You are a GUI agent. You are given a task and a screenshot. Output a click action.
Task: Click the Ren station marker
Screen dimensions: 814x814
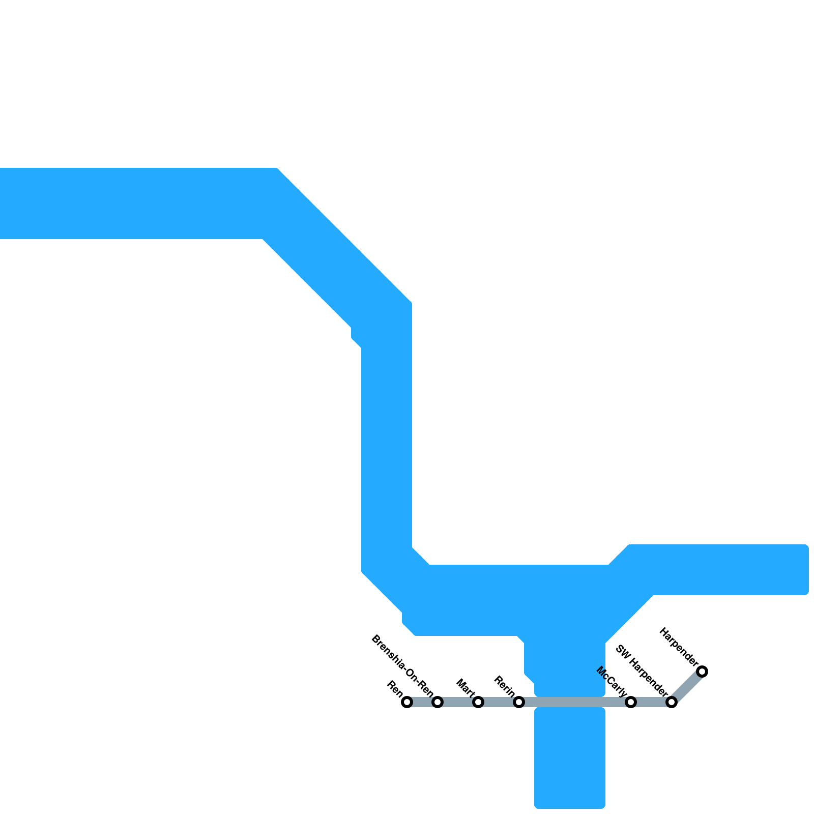click(407, 703)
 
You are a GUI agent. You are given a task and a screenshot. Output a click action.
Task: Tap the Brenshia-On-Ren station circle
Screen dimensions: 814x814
click(438, 703)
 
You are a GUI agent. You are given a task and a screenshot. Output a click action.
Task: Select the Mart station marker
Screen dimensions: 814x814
click(478, 703)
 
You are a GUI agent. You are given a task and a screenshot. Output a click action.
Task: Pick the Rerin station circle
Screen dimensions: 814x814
click(519, 703)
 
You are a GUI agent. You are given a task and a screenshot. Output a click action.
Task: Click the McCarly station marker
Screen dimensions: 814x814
click(631, 703)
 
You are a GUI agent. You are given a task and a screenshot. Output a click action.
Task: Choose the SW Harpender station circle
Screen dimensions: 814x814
click(672, 703)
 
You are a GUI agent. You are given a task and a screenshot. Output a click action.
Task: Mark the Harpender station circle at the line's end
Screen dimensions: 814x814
click(702, 672)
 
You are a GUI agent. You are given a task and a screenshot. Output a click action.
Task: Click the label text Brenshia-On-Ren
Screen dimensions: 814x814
click(402, 667)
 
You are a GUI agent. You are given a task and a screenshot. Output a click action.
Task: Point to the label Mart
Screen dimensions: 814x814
click(466, 688)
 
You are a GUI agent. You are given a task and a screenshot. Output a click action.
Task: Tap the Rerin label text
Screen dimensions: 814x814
click(505, 686)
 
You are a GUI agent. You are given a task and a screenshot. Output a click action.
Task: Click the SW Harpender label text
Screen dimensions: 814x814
click(642, 670)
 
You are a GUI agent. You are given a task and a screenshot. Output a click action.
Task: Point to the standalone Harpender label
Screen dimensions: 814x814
click(679, 647)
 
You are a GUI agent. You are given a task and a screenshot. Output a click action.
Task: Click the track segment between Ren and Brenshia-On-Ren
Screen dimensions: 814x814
click(422, 703)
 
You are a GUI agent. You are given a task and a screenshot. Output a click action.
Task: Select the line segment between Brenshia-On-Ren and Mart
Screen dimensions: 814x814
click(458, 703)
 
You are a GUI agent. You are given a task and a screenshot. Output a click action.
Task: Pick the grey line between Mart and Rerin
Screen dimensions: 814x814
click(499, 703)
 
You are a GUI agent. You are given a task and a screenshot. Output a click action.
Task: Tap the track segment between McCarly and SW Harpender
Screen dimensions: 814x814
click(651, 703)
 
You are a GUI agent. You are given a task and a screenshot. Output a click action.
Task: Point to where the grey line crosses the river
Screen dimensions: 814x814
click(570, 703)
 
